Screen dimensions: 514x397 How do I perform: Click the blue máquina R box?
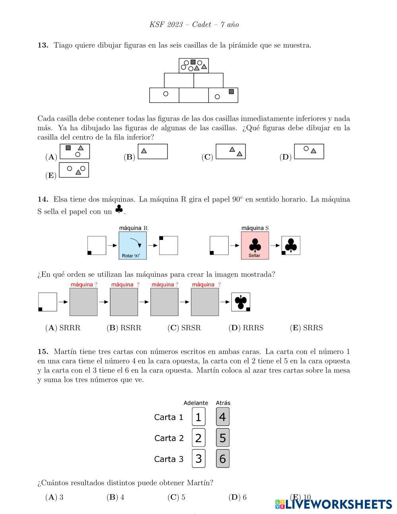pos(133,245)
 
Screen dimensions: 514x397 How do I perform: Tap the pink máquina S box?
pos(255,245)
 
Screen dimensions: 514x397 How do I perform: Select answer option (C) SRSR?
pos(184,328)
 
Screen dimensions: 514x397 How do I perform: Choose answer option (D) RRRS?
pos(246,328)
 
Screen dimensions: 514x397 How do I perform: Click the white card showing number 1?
pos(198,417)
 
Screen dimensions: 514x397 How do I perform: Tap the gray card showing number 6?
pos(223,458)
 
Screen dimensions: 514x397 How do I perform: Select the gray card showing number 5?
pos(223,438)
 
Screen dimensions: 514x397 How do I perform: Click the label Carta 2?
pos(169,438)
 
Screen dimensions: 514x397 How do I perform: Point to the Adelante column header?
pos(196,403)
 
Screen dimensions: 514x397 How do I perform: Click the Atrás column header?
pos(223,403)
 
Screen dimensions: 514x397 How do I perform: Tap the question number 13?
pos(43,45)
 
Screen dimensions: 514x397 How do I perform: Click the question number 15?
pos(43,352)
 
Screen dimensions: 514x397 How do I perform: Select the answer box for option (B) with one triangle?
pos(152,151)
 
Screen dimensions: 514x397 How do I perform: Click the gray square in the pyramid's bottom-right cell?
pos(231,92)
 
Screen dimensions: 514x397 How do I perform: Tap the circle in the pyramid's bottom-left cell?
pos(166,94)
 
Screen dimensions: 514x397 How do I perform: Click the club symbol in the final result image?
pos(241,301)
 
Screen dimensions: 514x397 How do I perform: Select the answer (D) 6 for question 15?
pos(237,497)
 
